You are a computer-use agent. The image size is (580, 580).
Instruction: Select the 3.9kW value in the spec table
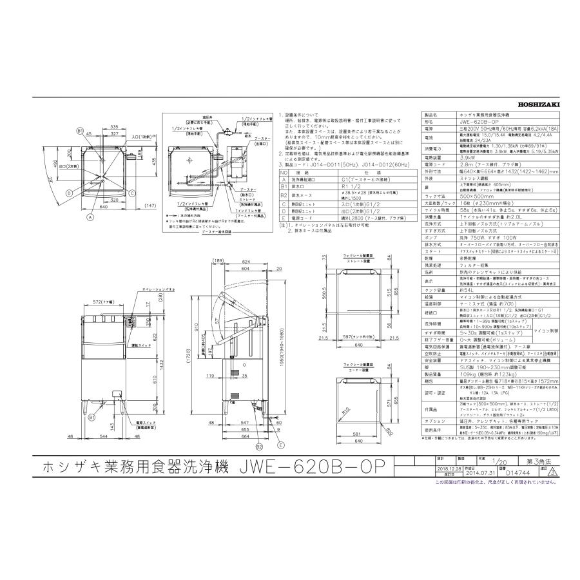pos(451,157)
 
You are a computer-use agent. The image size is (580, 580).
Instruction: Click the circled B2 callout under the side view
pos(258,445)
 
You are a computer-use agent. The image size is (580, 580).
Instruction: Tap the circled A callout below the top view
pos(90,218)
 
